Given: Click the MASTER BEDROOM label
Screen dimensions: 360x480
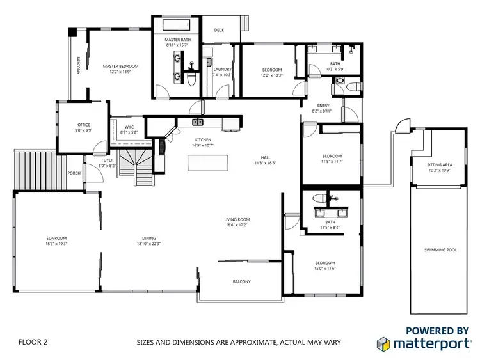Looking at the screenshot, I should point(120,66).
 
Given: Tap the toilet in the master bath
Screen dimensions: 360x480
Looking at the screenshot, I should point(193,75).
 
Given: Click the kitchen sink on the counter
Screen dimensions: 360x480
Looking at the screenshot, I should point(198,121).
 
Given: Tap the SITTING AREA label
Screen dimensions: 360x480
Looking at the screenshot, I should point(439,165).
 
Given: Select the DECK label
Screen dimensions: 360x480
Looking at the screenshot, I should point(219,30).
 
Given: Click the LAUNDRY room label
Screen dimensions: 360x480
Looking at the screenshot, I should point(222,69).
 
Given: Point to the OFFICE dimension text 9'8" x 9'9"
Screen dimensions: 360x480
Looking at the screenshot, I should point(84,130).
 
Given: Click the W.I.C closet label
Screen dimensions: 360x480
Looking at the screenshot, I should point(129,127).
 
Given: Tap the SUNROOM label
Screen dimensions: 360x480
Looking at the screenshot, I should point(56,239).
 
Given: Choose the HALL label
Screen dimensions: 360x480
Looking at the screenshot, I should point(265,157).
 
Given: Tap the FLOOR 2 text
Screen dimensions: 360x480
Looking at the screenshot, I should point(33,342).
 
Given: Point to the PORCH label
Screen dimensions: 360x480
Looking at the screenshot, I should point(74,173).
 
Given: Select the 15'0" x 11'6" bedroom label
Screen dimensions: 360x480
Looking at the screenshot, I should point(325,268).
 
